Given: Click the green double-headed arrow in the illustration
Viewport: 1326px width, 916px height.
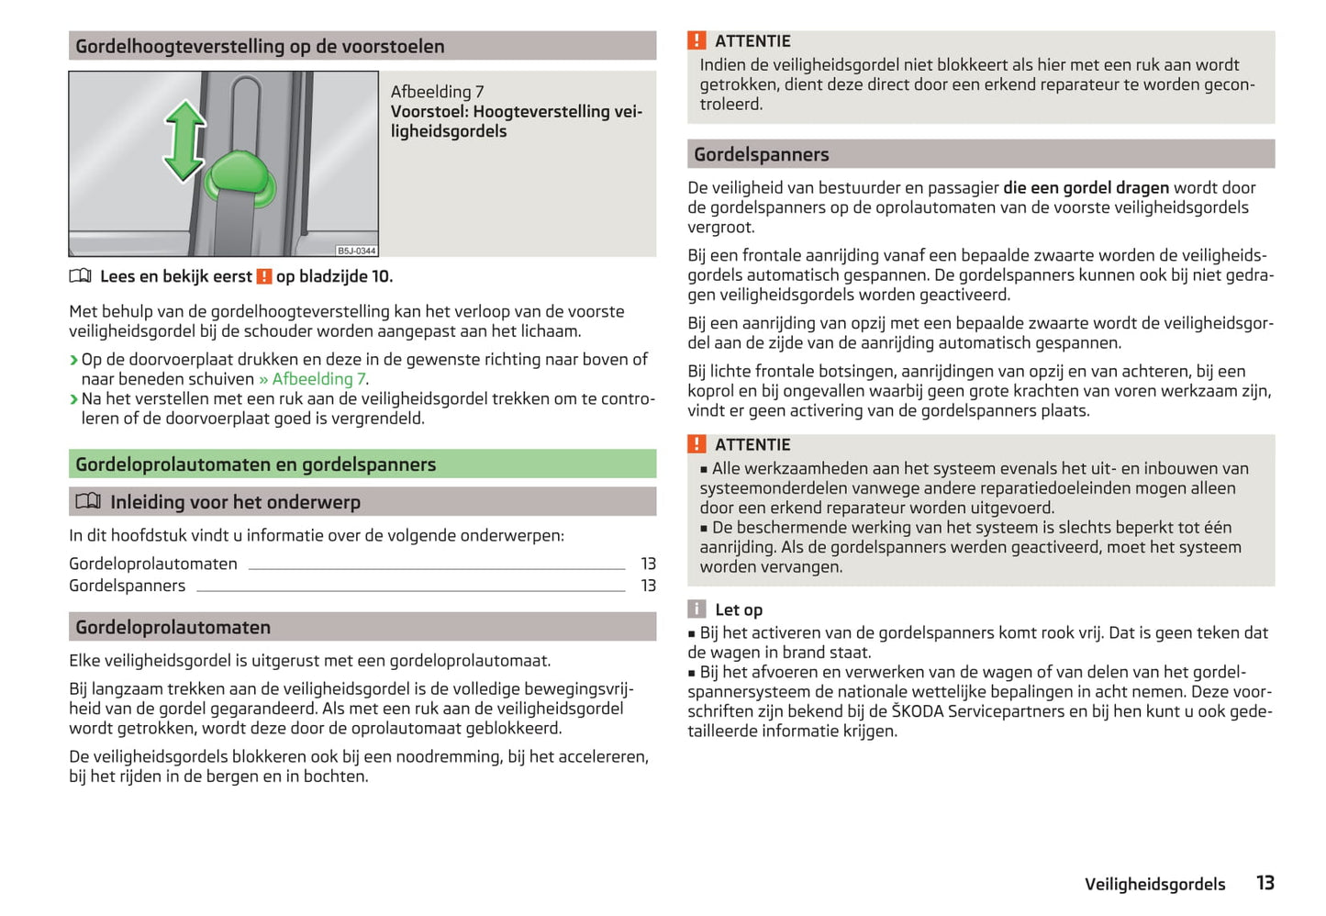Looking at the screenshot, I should [184, 140].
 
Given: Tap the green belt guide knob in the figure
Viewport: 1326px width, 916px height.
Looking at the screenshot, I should [239, 177].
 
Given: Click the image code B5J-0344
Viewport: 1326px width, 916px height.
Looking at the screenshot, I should [356, 251].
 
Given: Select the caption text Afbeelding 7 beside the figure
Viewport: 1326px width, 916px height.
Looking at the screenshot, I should [437, 92].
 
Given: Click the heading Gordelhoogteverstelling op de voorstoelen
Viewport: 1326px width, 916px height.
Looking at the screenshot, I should [260, 47].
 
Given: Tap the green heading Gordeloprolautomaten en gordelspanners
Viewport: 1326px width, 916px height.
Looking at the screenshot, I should [255, 464].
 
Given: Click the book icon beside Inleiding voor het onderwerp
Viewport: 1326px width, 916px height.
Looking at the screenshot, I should [88, 501].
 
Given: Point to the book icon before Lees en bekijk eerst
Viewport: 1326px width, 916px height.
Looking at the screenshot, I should [81, 276].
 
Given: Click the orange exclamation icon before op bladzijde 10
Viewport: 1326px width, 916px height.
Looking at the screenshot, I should [264, 276].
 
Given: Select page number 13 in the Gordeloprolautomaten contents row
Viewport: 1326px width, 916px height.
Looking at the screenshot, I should [648, 564].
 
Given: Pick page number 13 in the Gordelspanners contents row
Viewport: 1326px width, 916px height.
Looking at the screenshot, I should [648, 586].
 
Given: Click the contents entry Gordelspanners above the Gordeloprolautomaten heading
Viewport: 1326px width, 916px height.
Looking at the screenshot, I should [127, 586].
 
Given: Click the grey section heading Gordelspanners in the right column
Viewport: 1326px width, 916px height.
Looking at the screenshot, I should [761, 154].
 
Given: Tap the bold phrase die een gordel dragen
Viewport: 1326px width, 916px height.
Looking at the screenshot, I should [1086, 188].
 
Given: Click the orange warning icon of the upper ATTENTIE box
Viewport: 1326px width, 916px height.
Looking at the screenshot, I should [697, 40].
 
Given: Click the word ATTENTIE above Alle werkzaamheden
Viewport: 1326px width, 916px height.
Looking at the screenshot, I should [752, 445].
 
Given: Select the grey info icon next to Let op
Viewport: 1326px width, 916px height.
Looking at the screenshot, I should [697, 609].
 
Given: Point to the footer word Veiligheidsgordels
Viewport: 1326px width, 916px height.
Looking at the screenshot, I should [1154, 884].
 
